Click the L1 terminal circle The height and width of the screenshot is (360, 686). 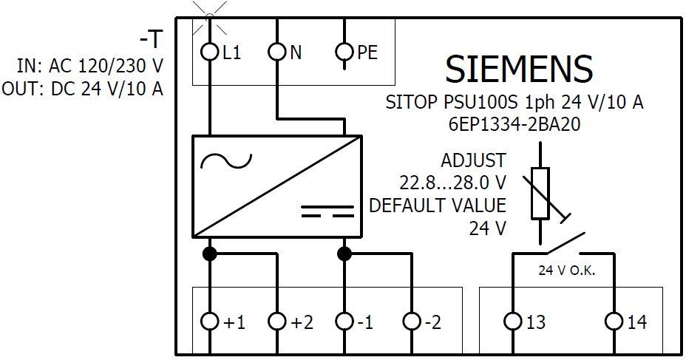[209, 52]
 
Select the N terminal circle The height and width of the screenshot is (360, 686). [276, 52]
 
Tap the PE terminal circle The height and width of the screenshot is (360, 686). [344, 52]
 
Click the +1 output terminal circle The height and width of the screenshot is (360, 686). [210, 322]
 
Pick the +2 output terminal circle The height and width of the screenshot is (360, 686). [276, 322]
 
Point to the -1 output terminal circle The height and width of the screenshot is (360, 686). [344, 322]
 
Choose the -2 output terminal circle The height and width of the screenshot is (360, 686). [412, 322]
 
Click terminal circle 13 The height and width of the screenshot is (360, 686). [512, 322]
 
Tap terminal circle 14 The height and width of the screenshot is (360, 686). [614, 322]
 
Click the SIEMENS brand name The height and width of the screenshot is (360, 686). [518, 69]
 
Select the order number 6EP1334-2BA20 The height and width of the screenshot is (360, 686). [514, 125]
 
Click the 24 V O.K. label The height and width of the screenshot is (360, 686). [566, 271]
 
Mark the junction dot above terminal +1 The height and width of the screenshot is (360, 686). [210, 254]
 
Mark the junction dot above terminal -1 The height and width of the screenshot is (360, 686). [344, 254]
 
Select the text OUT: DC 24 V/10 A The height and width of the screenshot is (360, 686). [82, 89]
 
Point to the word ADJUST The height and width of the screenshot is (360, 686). [473, 160]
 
